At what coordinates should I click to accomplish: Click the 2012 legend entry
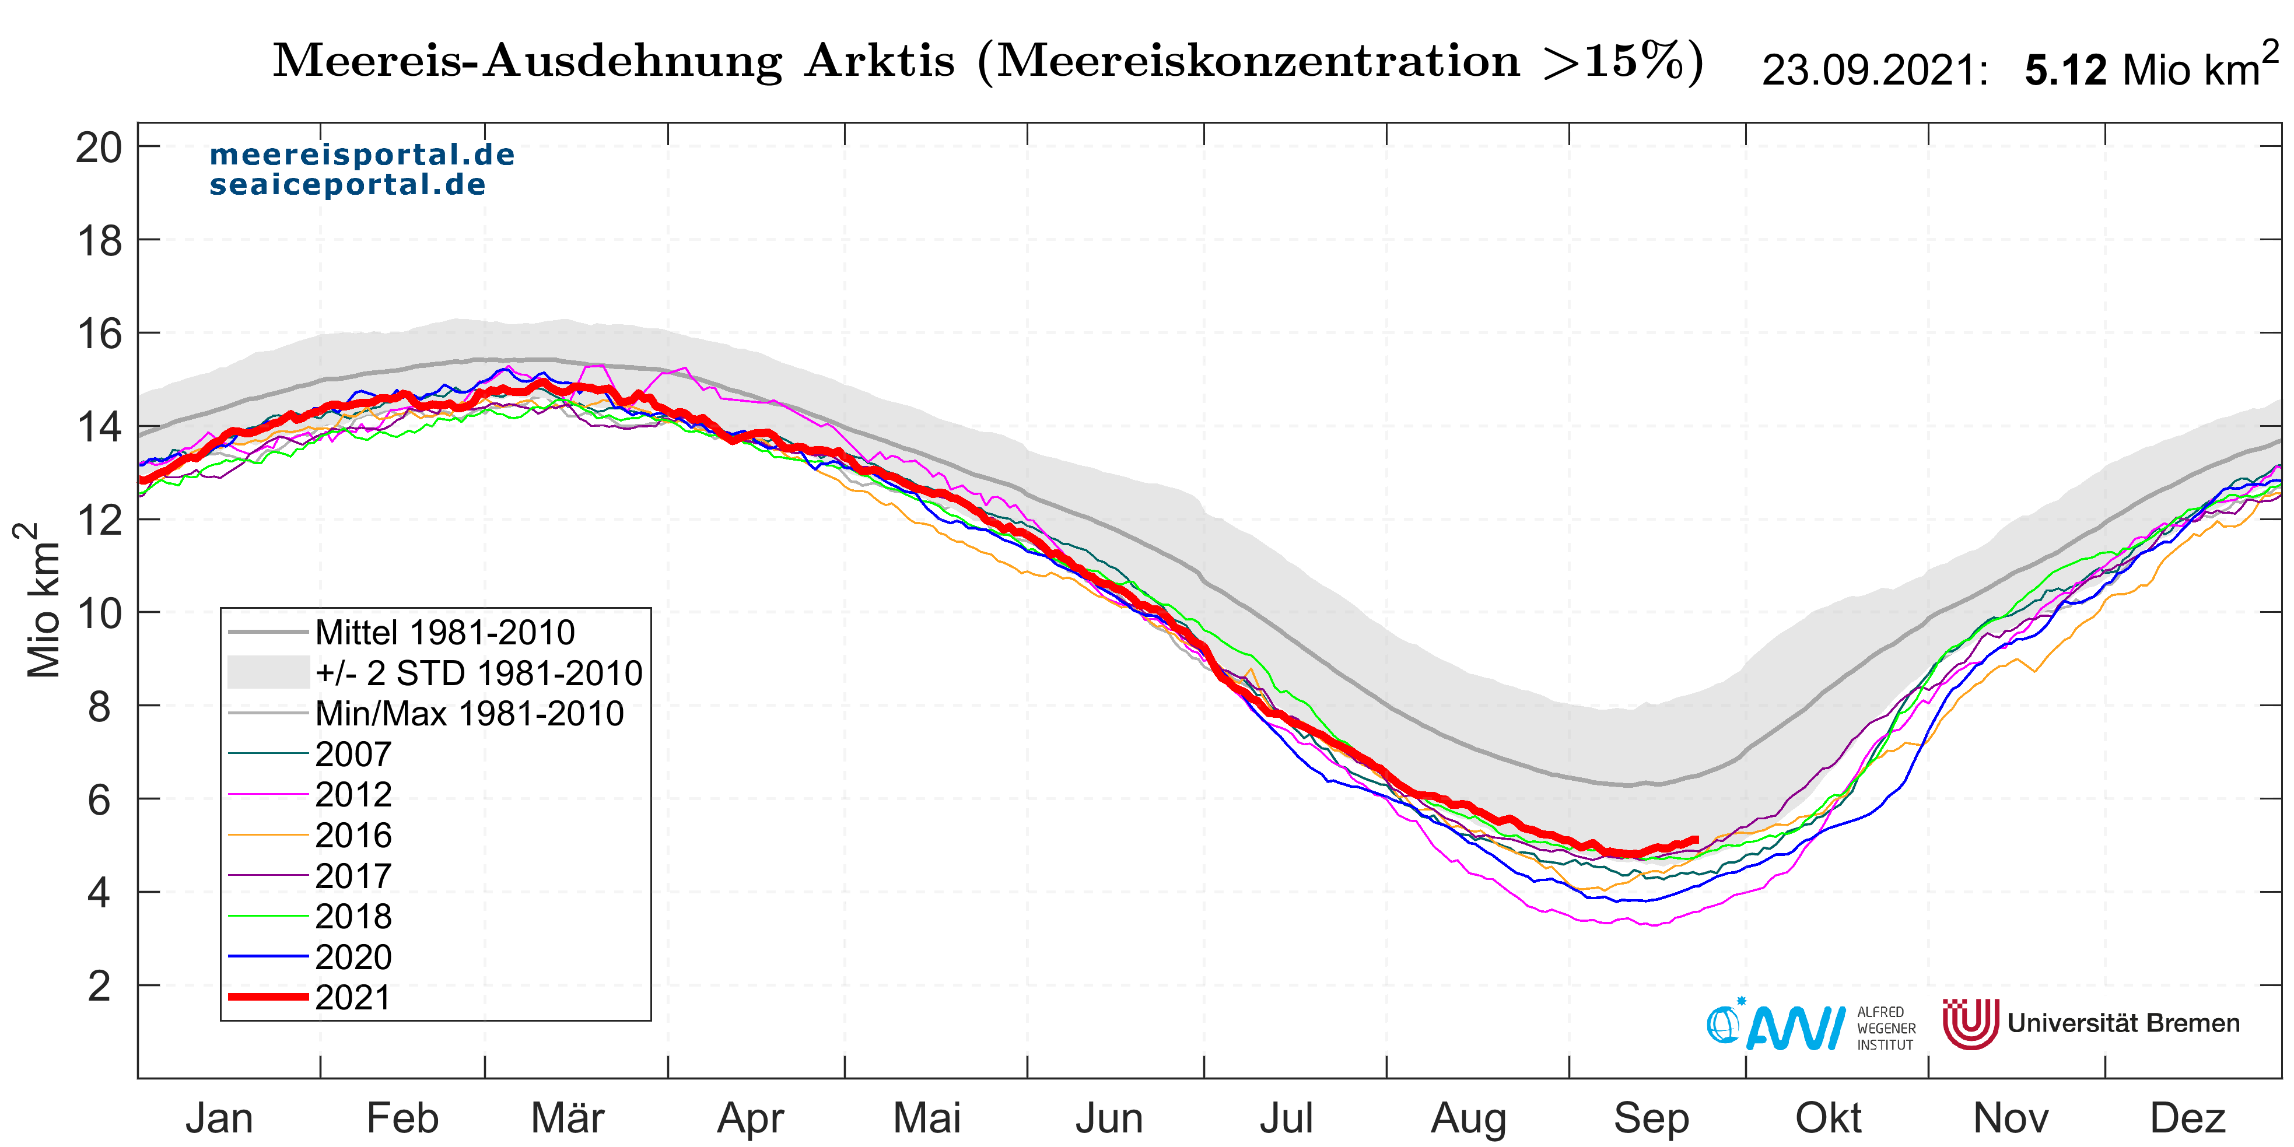[x=353, y=794]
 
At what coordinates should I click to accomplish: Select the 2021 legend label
[x=353, y=997]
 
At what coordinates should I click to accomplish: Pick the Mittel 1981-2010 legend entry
[x=444, y=632]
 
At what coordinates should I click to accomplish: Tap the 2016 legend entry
[x=353, y=835]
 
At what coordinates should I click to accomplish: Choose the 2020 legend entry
[x=353, y=957]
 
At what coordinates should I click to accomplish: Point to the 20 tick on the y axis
[x=99, y=148]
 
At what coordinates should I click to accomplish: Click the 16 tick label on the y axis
[x=99, y=334]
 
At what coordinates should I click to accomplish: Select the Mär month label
[x=568, y=1118]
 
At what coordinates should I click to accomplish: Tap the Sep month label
[x=1651, y=1118]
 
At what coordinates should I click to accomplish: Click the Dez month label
[x=2188, y=1118]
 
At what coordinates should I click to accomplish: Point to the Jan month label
[x=219, y=1118]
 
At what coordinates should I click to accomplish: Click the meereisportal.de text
[x=362, y=155]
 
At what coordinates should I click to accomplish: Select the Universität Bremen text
[x=2123, y=1023]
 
